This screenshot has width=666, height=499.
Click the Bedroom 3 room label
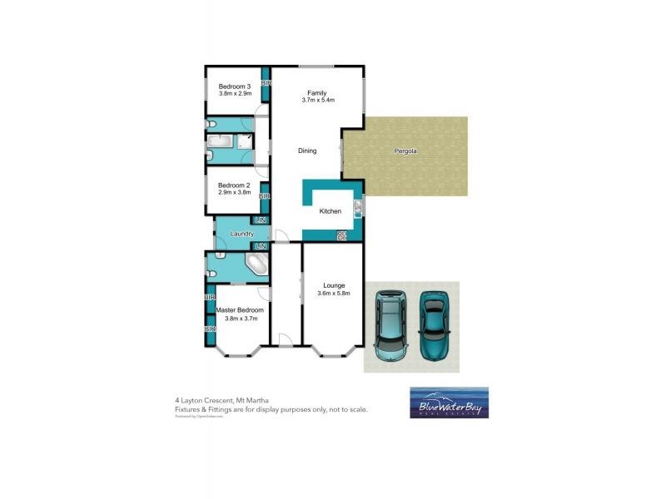(x=234, y=86)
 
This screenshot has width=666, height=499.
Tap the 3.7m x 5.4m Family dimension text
(x=318, y=101)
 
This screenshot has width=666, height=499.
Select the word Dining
(x=308, y=151)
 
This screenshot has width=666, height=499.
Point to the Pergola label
(x=405, y=152)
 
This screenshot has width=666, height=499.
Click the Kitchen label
(x=331, y=212)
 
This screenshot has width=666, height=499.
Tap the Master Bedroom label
(x=240, y=309)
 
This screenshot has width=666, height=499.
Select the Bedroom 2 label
(x=234, y=185)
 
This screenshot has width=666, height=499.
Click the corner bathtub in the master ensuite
(x=256, y=265)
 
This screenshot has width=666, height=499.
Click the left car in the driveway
(x=390, y=324)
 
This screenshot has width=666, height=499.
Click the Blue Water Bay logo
(x=449, y=403)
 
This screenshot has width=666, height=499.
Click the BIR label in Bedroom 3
(x=266, y=84)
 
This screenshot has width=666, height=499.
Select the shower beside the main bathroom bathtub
(x=246, y=141)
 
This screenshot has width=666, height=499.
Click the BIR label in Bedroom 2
(x=264, y=196)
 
